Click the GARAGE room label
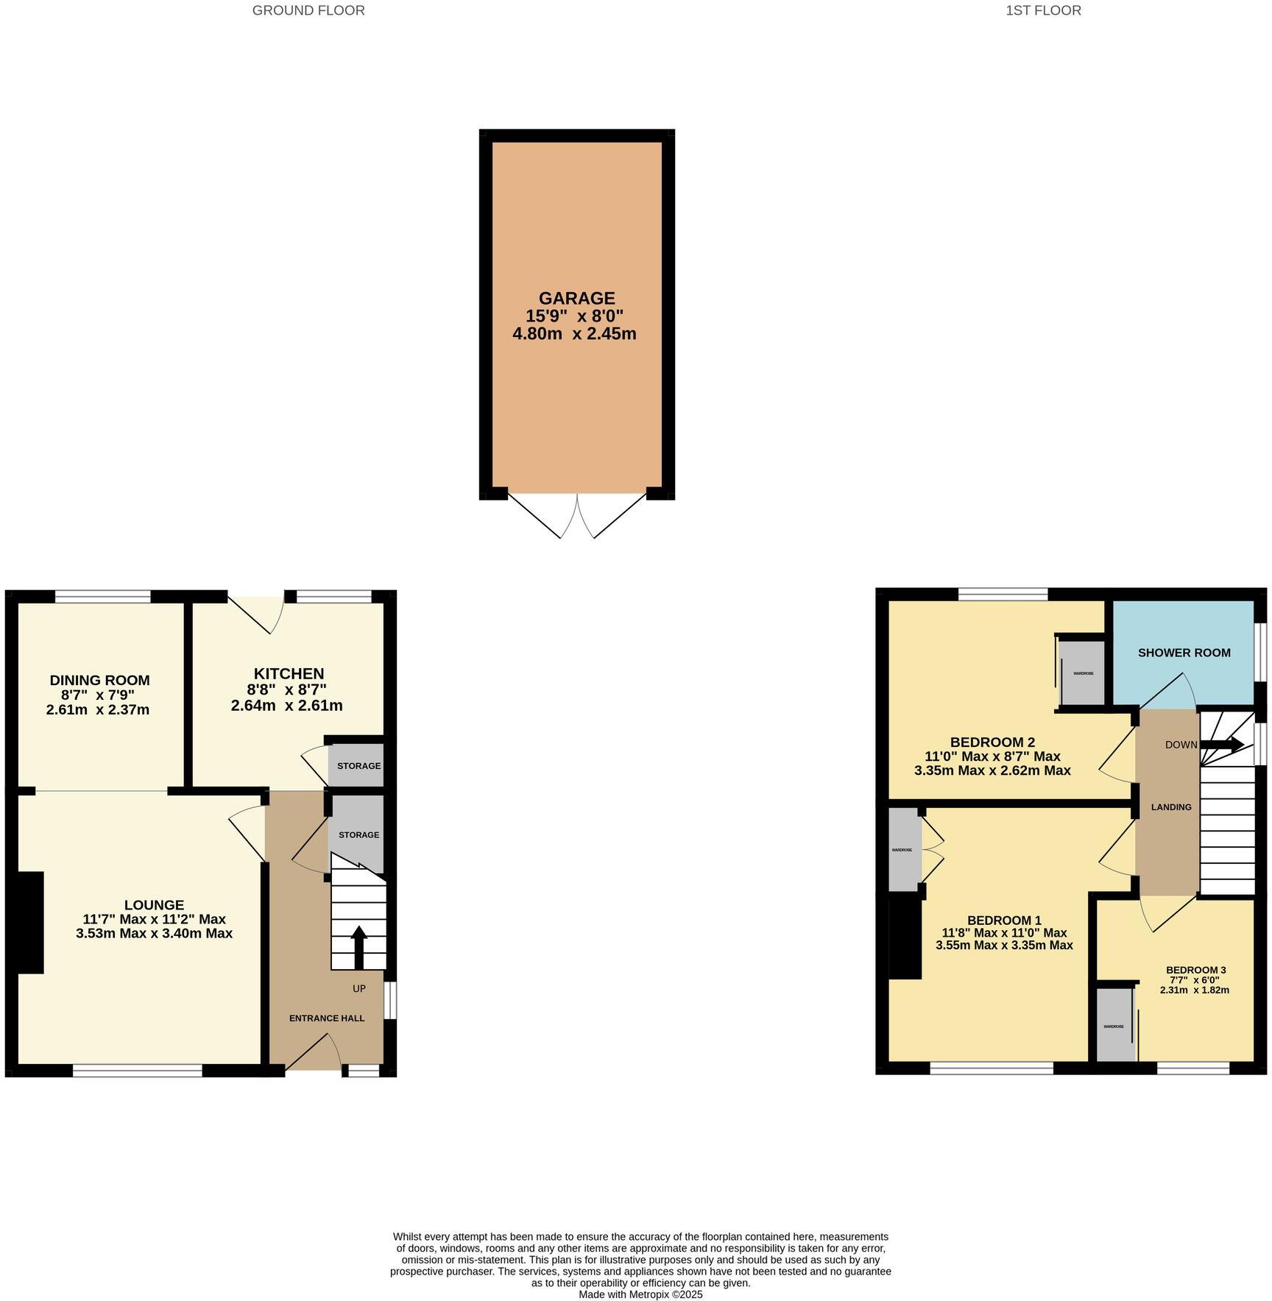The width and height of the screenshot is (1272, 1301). tap(576, 298)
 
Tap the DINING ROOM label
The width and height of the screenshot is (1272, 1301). tap(99, 680)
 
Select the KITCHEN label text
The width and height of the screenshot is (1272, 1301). tap(289, 673)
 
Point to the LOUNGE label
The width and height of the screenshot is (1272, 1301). tap(154, 904)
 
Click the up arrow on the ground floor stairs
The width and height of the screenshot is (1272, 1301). tap(358, 946)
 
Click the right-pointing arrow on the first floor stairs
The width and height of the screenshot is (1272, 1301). tap(1223, 745)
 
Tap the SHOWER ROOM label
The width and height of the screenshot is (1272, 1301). tap(1184, 653)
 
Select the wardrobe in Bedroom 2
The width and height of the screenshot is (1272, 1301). tap(1083, 673)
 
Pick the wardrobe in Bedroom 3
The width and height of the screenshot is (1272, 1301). tap(1114, 1026)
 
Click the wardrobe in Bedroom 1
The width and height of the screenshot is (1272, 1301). tap(902, 850)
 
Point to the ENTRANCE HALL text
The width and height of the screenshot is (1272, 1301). tap(326, 1018)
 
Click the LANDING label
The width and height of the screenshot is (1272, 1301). tap(1170, 807)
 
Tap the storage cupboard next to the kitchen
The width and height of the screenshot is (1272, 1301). tap(358, 765)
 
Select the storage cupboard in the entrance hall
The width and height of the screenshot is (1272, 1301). tap(358, 834)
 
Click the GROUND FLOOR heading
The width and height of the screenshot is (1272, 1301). tap(308, 10)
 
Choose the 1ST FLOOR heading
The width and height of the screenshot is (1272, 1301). tap(1043, 10)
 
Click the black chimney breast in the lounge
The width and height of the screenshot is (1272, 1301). tap(29, 922)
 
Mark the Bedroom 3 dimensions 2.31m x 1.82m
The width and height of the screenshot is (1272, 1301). tap(1194, 990)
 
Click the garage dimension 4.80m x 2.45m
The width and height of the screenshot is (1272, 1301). tap(574, 333)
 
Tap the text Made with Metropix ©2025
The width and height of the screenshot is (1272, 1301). tap(640, 1294)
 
